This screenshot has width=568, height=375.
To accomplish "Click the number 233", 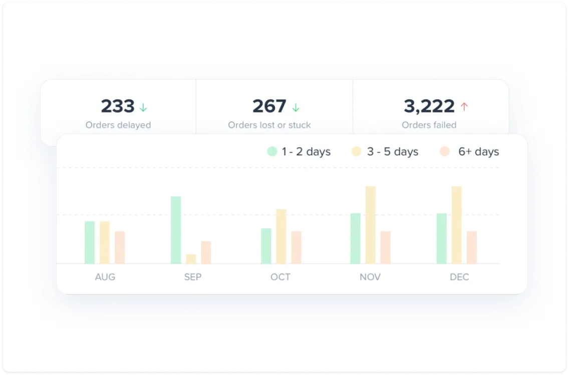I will pos(118,106).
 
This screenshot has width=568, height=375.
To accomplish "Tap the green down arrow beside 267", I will pos(296,107).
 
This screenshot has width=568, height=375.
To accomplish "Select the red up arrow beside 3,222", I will pos(464,107).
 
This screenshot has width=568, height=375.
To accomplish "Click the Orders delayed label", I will pos(118,125).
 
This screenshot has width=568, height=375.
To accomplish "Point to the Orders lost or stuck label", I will pos(269,125).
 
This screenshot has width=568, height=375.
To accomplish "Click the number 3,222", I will pos(429,106).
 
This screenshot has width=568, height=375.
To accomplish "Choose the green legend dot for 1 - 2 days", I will pos(272,152).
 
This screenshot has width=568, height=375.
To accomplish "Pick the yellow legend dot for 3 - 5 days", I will pos(357,152).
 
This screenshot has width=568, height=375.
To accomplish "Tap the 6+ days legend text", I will pos(478,152).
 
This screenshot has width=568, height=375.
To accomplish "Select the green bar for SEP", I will pos(176,230).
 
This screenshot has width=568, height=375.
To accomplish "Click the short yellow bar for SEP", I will pos(191,259).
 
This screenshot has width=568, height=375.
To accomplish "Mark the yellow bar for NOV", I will pos(370,225).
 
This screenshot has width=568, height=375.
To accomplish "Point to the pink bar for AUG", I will pos(120,247).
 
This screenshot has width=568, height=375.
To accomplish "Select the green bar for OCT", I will pos(266,246).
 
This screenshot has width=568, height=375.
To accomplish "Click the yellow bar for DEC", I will pos(456,225).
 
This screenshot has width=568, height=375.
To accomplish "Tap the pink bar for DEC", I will pos(472,247).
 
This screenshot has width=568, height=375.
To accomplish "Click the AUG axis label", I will pos(105,277).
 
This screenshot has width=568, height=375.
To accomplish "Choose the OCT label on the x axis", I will pos(280,277).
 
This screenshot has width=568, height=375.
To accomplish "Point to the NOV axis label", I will pos(370,277).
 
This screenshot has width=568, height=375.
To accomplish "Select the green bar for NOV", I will pos(355,238).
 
